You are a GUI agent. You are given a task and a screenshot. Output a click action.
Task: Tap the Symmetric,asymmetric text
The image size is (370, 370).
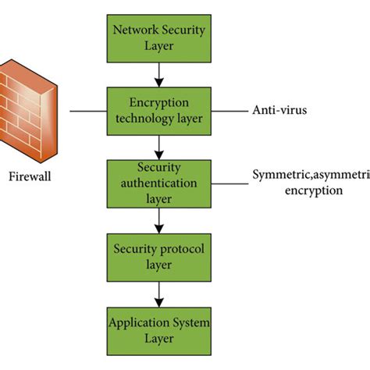(x=311, y=175)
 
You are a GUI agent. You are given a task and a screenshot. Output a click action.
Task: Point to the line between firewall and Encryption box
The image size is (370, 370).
(x=88, y=110)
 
